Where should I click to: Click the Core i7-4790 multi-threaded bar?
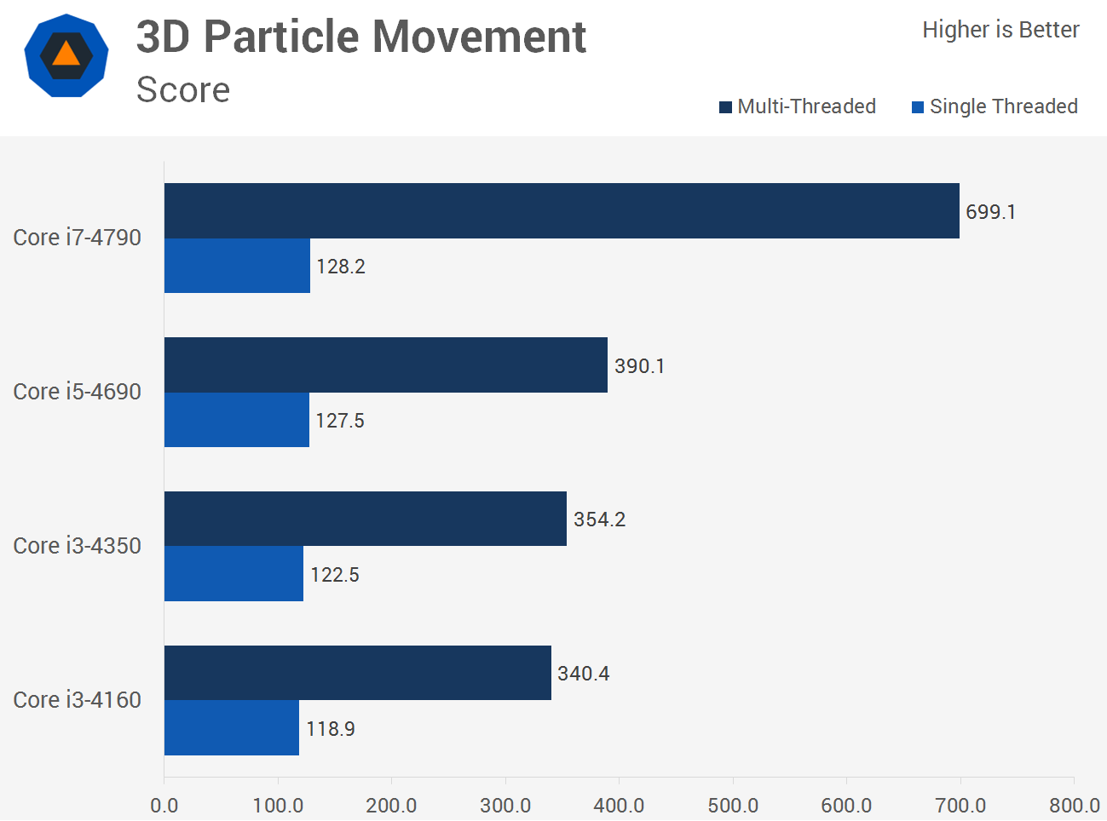pyautogui.click(x=562, y=210)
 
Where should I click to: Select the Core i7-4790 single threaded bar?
pyautogui.click(x=237, y=266)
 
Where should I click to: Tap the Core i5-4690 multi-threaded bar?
pyautogui.click(x=385, y=365)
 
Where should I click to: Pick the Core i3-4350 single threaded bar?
pyautogui.click(x=234, y=573)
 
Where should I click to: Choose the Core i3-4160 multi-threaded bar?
pyautogui.click(x=357, y=673)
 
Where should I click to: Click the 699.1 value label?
pyautogui.click(x=990, y=212)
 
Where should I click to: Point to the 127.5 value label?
pyautogui.click(x=340, y=421)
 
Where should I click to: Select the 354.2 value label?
pyautogui.click(x=599, y=520)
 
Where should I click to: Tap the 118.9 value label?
pyautogui.click(x=331, y=729)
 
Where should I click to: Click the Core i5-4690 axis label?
pyautogui.click(x=78, y=392)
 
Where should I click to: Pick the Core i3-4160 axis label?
pyautogui.click(x=78, y=700)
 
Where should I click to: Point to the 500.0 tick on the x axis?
pyautogui.click(x=733, y=805)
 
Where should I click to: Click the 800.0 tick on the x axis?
pyautogui.click(x=1074, y=805)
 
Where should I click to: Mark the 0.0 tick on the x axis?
pyautogui.click(x=164, y=805)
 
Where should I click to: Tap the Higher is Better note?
pyautogui.click(x=1000, y=30)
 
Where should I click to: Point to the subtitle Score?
pyautogui.click(x=183, y=89)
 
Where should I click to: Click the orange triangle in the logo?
pyautogui.click(x=66, y=55)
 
